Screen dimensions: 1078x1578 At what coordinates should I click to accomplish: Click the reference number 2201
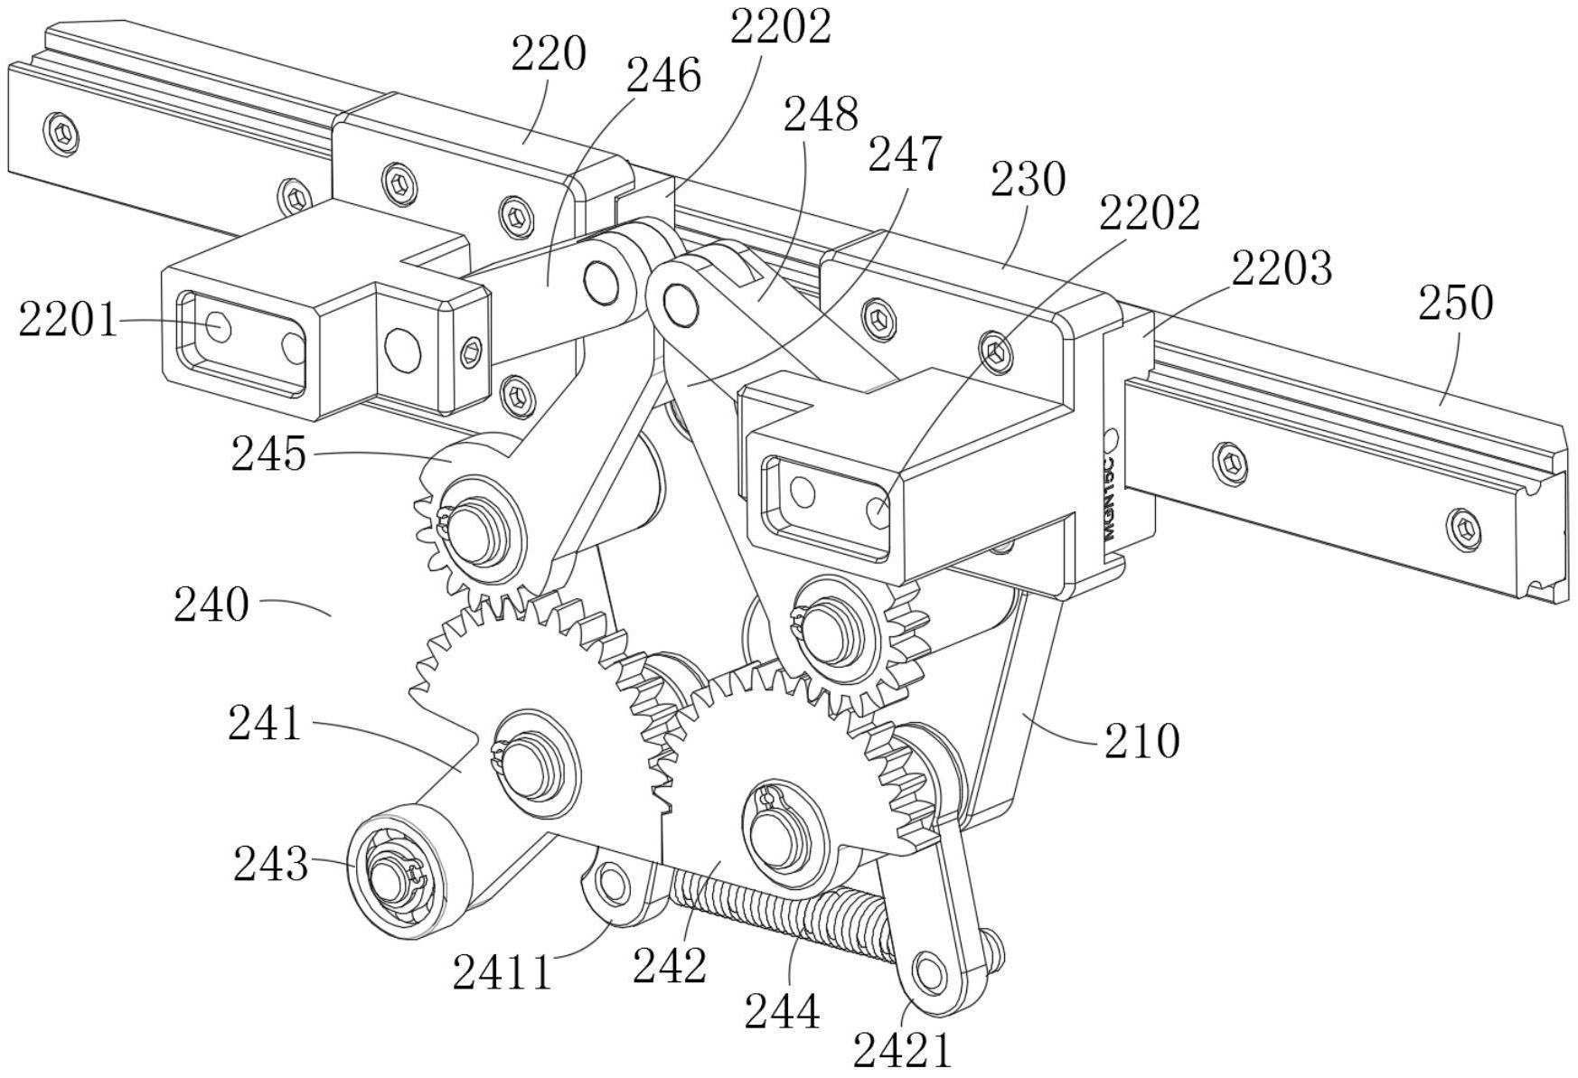[68, 320]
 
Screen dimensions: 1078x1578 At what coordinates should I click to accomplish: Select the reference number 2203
[1281, 268]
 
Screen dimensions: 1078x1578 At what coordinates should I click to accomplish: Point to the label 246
[663, 76]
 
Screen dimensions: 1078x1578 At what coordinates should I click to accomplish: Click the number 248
[820, 115]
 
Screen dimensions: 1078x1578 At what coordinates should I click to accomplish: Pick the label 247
[905, 155]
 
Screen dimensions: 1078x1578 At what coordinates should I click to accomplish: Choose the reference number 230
[1028, 180]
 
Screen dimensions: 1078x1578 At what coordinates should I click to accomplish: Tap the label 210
[1141, 742]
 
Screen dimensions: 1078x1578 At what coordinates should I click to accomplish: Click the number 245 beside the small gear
[268, 454]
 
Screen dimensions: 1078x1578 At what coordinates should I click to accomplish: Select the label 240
[211, 605]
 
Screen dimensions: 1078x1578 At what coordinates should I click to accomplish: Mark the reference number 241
[264, 724]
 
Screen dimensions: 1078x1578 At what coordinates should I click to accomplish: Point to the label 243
[270, 864]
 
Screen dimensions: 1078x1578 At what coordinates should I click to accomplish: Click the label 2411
[502, 973]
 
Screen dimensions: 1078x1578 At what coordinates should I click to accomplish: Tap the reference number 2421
[903, 1051]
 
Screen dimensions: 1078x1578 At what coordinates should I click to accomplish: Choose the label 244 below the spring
[783, 1011]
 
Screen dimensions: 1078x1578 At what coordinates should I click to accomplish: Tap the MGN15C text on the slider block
[1110, 498]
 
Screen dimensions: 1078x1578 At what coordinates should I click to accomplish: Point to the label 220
[549, 54]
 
